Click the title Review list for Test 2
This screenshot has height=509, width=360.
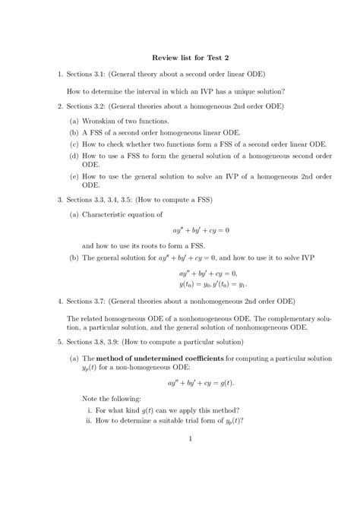(181, 57)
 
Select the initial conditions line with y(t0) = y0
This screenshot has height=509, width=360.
(213, 283)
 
